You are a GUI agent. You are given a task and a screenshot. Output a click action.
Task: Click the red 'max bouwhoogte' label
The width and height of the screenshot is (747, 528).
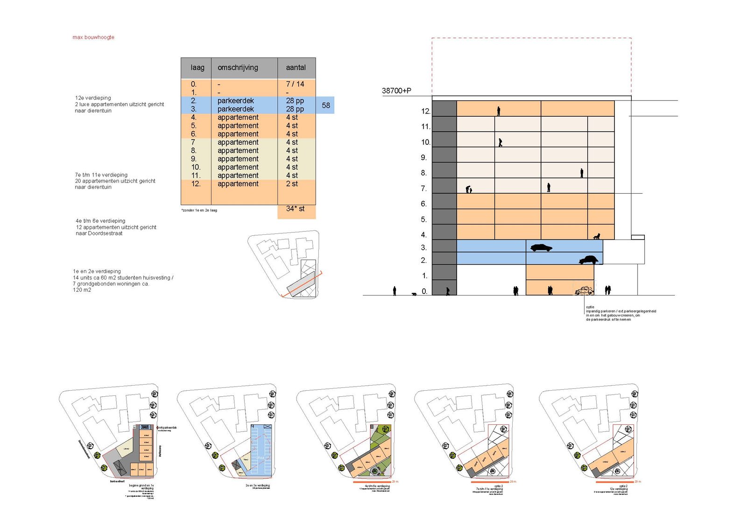(93, 37)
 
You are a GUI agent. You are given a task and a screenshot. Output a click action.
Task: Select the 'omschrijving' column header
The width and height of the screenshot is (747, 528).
(238, 68)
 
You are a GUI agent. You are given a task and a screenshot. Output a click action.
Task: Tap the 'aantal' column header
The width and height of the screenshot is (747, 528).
(296, 68)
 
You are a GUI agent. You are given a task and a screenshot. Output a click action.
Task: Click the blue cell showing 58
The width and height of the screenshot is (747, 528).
(326, 106)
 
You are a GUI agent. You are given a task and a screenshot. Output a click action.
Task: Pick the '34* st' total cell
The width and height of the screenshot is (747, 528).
(296, 209)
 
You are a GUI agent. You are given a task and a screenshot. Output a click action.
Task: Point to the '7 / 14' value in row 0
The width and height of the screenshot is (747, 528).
(295, 84)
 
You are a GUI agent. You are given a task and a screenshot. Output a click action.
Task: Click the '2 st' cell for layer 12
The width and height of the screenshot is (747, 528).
(292, 184)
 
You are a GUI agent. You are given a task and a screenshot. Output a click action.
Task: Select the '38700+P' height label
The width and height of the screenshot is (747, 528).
(396, 91)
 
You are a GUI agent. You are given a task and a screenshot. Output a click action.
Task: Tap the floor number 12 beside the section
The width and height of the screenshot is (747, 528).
(425, 111)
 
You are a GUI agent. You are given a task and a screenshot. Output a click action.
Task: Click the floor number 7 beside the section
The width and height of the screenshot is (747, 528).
(423, 189)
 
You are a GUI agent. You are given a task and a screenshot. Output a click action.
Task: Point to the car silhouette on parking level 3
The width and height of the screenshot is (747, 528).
(541, 247)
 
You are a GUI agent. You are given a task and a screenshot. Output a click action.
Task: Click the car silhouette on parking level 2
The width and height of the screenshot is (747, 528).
(588, 260)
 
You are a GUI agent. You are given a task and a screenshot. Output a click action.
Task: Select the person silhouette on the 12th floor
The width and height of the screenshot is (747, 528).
(499, 111)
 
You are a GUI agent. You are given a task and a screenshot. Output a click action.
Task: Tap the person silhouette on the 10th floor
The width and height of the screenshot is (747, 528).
(500, 142)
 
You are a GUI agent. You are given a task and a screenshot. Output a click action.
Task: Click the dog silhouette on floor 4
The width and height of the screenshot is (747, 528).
(596, 237)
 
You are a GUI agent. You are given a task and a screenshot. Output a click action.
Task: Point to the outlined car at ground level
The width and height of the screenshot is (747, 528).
(584, 290)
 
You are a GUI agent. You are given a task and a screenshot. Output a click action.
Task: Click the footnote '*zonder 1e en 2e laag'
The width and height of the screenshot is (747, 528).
(199, 211)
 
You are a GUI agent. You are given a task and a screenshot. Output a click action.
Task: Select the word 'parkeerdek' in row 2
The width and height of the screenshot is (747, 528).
(236, 101)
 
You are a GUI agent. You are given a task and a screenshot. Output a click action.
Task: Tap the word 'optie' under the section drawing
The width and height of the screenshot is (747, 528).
(590, 307)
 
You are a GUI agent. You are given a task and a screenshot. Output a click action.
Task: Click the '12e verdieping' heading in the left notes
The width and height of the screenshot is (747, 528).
(93, 98)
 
